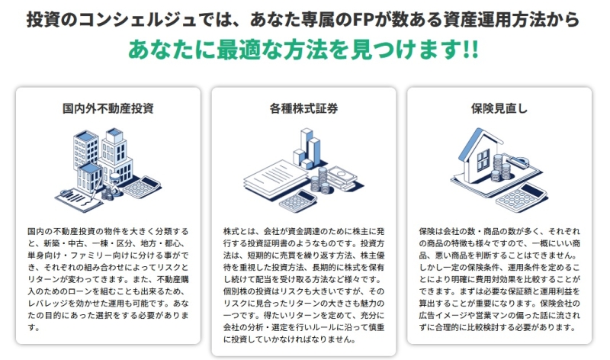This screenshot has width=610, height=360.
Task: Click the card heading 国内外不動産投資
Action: (x=108, y=108)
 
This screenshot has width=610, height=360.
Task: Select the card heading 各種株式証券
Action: (x=303, y=108)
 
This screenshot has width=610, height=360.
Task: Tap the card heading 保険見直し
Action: (x=499, y=108)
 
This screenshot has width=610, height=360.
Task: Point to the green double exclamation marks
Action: (x=470, y=50)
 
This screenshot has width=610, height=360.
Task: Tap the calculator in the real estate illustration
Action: (x=142, y=187)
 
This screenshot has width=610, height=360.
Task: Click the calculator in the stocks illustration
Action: (x=298, y=201)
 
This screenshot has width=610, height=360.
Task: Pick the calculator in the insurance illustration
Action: (x=522, y=198)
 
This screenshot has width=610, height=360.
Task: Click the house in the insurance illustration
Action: (x=482, y=155)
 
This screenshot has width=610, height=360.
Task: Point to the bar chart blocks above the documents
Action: (x=307, y=149)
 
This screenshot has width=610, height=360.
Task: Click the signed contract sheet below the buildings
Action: (x=79, y=200)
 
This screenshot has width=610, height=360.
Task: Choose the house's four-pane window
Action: (x=483, y=159)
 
